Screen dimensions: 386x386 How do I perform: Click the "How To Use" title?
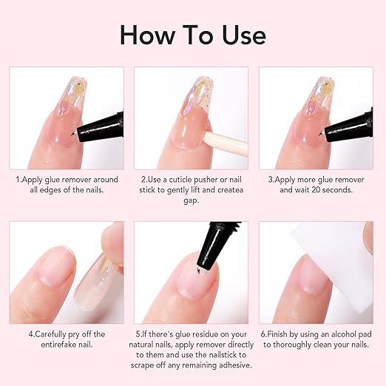point(193,35)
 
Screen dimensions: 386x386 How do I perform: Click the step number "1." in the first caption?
point(20,178)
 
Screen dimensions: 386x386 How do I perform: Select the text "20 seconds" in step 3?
point(336,189)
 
